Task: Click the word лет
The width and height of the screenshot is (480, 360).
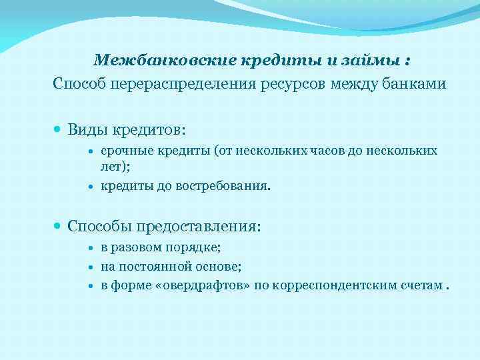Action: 111,166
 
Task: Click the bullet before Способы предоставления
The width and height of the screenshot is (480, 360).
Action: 59,227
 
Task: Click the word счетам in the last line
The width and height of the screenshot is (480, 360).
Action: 419,286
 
